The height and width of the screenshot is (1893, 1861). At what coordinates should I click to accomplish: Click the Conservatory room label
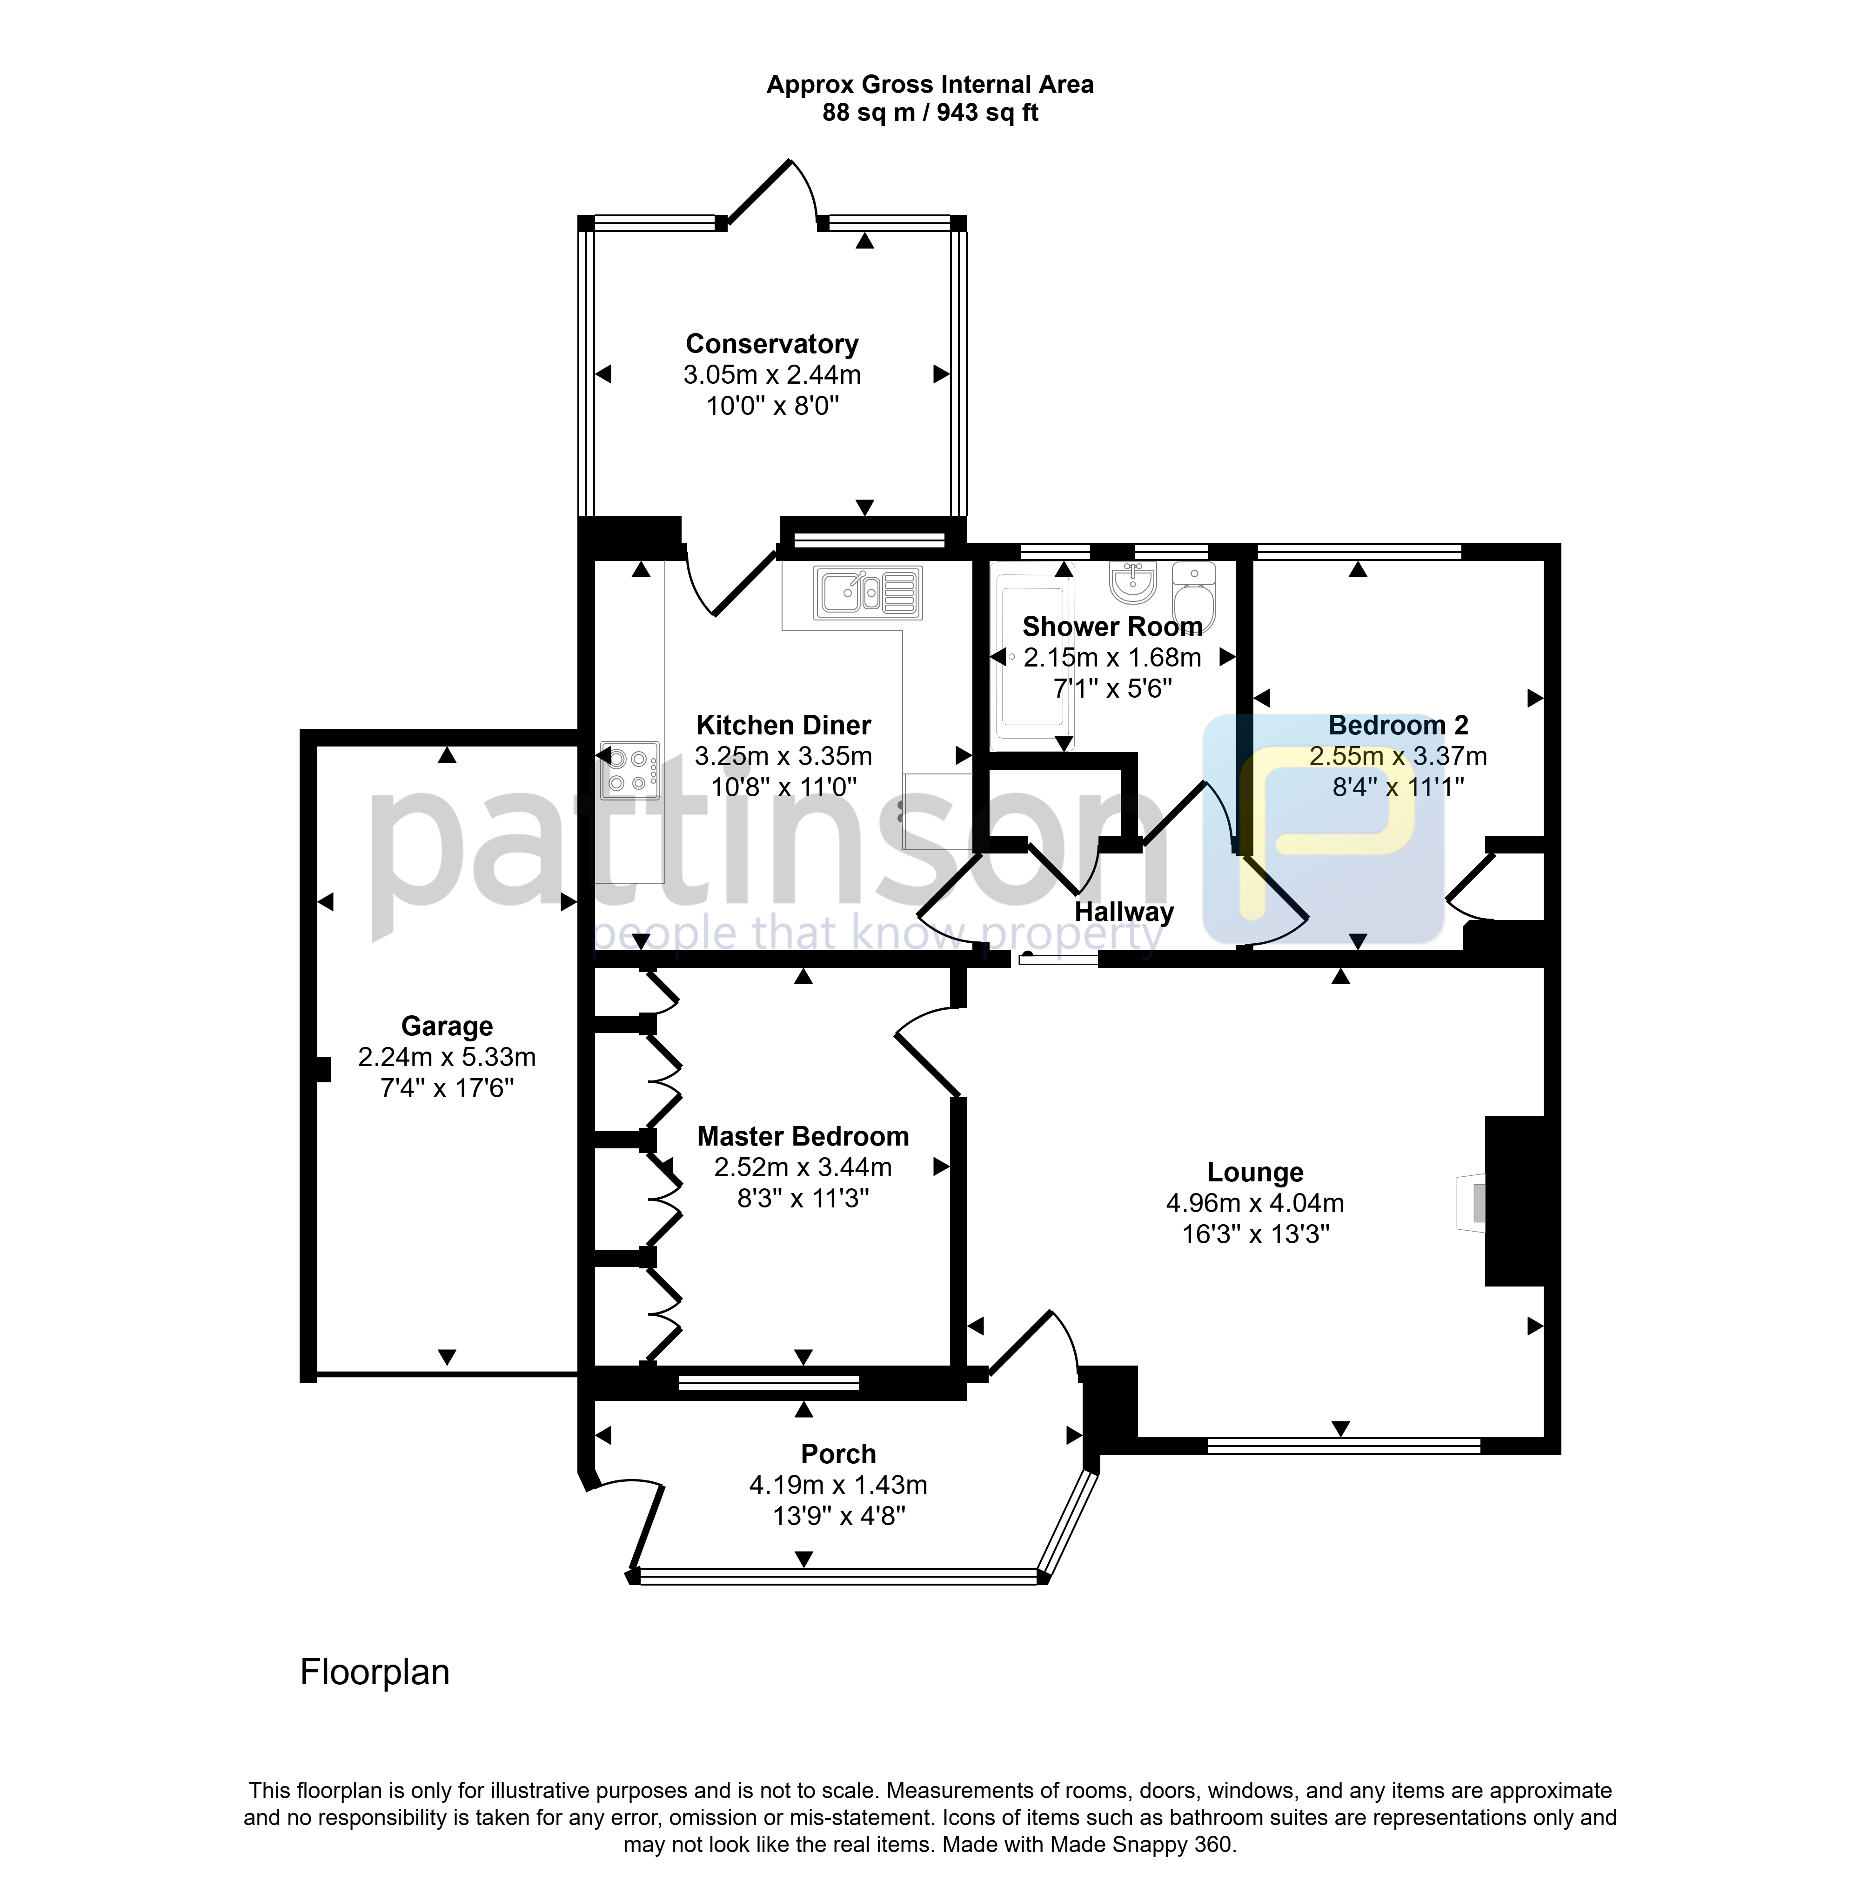(772, 344)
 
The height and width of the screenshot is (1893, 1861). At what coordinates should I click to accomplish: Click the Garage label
(447, 1026)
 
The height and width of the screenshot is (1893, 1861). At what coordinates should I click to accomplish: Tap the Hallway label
(1124, 912)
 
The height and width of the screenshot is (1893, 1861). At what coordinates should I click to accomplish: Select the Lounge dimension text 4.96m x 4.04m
(1255, 1203)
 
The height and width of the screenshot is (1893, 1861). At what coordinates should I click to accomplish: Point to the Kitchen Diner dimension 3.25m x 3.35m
(783, 755)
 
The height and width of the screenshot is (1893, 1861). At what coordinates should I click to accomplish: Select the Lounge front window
(1344, 1446)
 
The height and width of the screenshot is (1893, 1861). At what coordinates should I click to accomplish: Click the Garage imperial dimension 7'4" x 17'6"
(447, 1088)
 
